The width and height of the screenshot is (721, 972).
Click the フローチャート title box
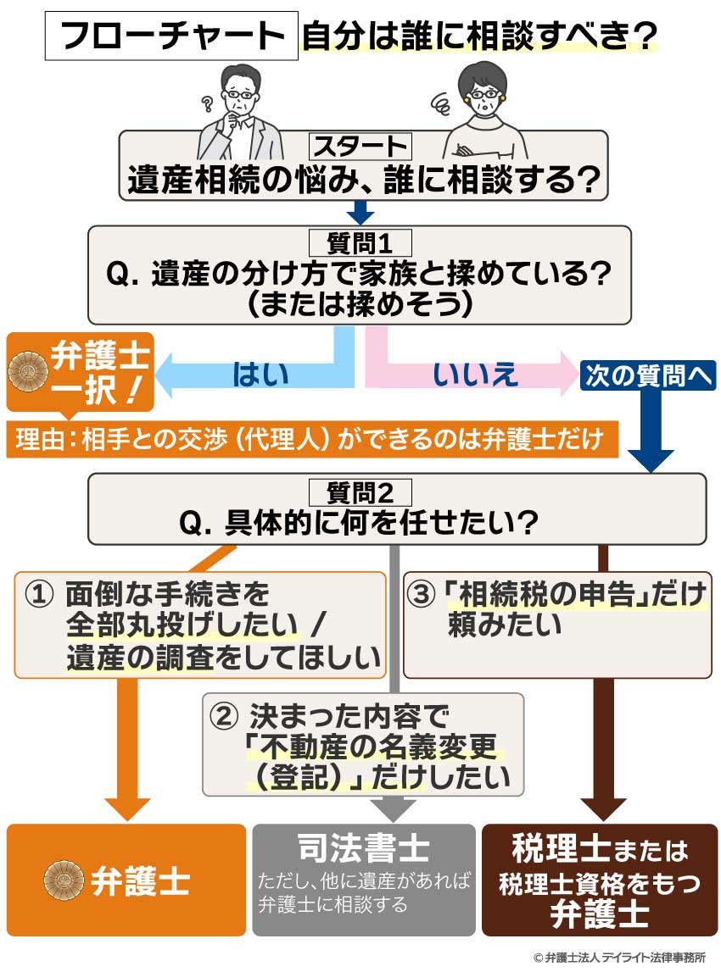click(172, 36)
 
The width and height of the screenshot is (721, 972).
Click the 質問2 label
click(360, 492)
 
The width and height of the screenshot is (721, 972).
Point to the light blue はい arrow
click(254, 373)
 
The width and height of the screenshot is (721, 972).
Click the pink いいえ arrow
click(471, 373)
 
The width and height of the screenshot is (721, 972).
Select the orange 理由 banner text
click(310, 440)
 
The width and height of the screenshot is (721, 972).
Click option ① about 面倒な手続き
click(200, 625)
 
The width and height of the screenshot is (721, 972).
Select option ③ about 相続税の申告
click(556, 624)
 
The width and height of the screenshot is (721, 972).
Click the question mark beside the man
click(206, 105)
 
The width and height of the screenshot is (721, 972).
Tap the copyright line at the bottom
click(619, 957)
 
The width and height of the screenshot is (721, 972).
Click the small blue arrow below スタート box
click(361, 211)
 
